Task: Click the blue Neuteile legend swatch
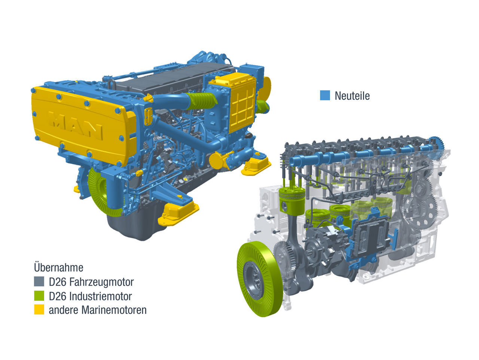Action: tap(325, 95)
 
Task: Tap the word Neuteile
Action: tap(352, 96)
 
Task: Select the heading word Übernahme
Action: tap(58, 267)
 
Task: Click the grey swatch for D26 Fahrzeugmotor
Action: tap(39, 281)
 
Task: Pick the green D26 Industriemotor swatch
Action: tap(39, 296)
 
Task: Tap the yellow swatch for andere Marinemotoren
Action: tap(39, 309)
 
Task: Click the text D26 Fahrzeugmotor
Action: tap(91, 282)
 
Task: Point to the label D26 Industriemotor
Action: tap(90, 296)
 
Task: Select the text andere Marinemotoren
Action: tap(98, 310)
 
